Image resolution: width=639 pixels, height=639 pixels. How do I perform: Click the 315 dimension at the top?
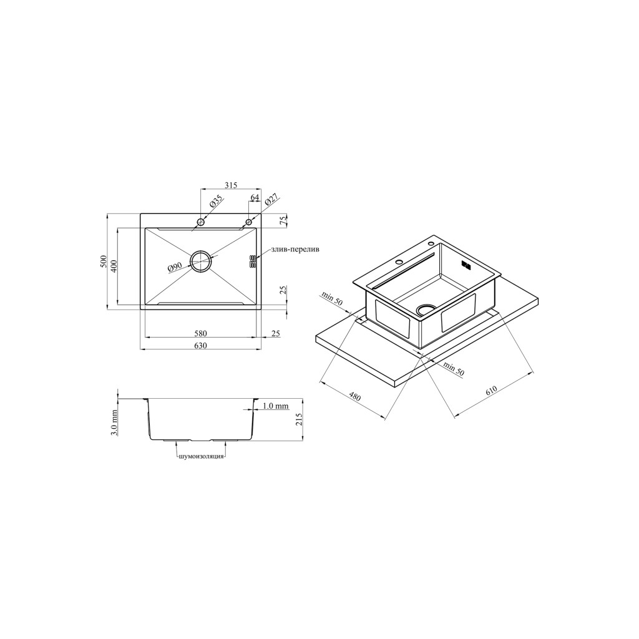click(x=231, y=185)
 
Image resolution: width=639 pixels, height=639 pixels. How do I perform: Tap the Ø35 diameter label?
click(x=215, y=202)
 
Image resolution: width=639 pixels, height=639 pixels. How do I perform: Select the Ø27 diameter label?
click(x=271, y=200)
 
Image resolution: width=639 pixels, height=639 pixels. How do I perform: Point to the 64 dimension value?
click(x=255, y=197)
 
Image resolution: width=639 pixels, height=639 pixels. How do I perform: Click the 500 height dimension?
click(x=104, y=261)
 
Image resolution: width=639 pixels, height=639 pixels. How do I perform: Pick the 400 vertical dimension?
click(x=114, y=266)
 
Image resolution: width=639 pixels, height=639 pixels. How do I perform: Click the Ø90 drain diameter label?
click(x=174, y=267)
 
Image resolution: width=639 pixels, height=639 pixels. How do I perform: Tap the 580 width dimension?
click(x=201, y=333)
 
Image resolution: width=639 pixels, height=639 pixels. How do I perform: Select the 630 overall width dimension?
click(x=201, y=346)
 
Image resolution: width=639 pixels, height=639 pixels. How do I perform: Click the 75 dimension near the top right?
click(x=285, y=220)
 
